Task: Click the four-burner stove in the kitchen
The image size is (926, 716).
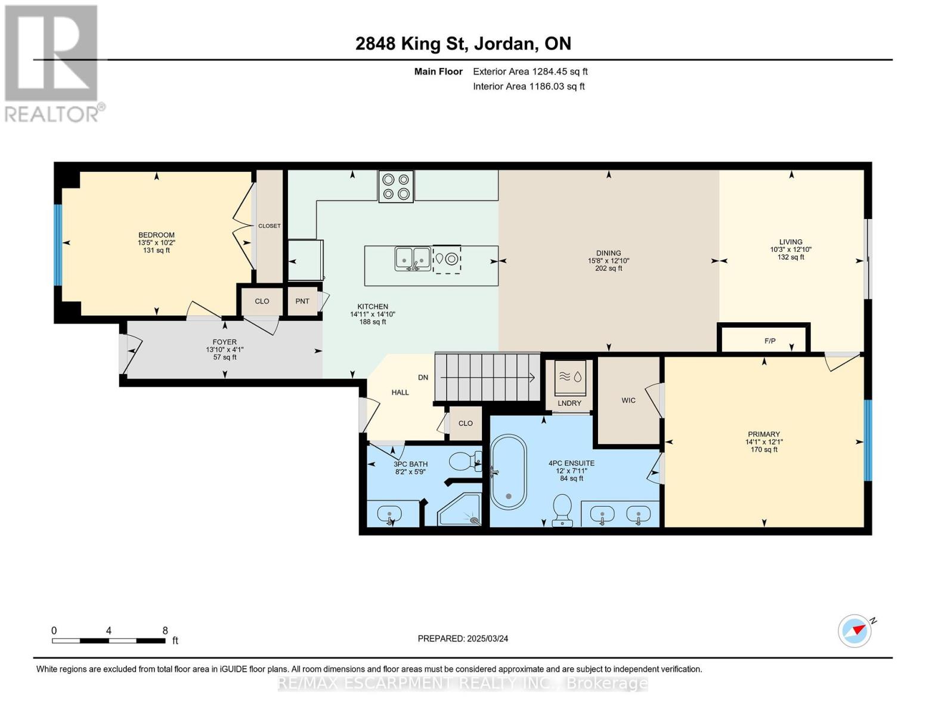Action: pos(396,186)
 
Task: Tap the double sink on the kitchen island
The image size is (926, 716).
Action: pos(413,258)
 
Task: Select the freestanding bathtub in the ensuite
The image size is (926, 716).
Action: pos(509,471)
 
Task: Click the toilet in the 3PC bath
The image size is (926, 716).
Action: pos(465,461)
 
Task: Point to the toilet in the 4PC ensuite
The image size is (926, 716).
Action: pos(562,510)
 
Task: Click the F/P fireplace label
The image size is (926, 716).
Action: pos(770,341)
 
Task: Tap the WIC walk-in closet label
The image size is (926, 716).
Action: pos(628,400)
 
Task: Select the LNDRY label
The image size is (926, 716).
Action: pos(569,403)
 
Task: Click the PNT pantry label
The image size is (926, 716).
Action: pos(302,301)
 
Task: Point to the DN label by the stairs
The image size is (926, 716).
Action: pos(423,378)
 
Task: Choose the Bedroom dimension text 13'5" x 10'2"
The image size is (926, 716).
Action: pos(156,243)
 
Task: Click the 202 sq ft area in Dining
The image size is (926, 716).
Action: pos(609,268)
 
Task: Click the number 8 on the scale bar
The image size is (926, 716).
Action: pos(165,630)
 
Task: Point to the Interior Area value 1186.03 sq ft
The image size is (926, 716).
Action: pos(556,87)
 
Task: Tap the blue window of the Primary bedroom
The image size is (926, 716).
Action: pos(868,440)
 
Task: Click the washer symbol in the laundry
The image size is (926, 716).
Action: pos(570,378)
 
